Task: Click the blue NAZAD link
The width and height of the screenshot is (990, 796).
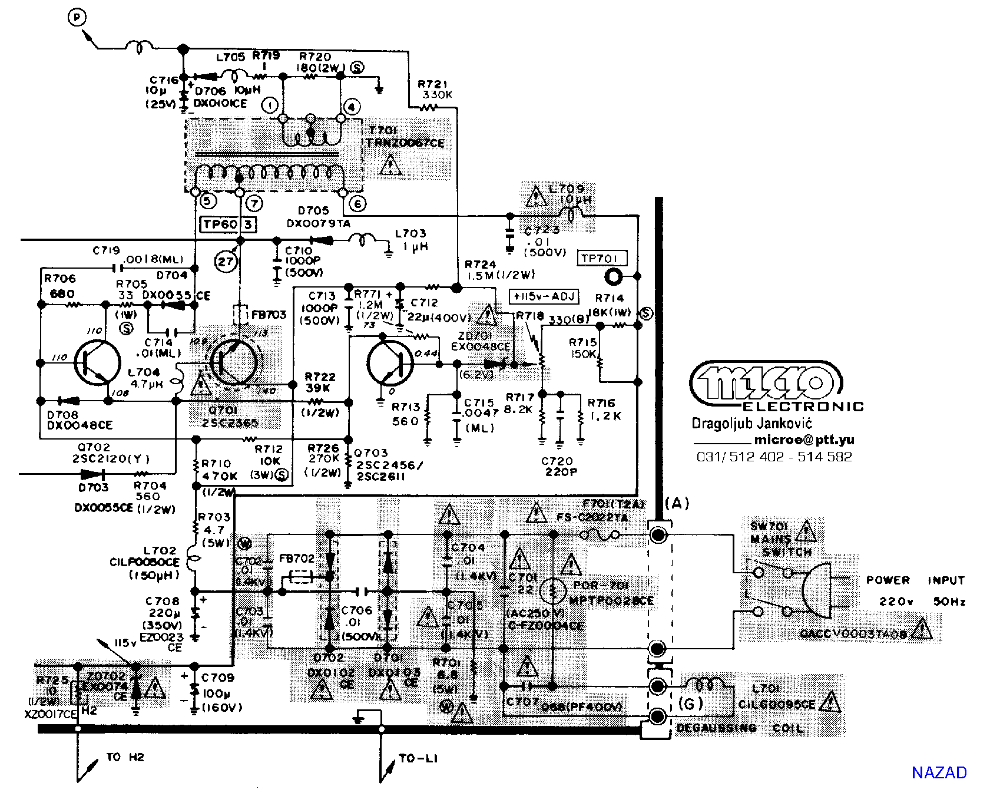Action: click(x=939, y=772)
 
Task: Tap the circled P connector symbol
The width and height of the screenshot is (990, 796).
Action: click(x=77, y=19)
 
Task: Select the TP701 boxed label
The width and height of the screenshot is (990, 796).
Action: click(x=600, y=258)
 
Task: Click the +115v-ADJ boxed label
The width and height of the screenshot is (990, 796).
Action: click(x=544, y=296)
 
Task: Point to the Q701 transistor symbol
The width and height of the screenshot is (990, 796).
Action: click(x=234, y=361)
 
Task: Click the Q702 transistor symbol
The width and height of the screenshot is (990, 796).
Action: click(x=97, y=361)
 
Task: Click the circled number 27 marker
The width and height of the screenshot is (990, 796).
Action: click(x=226, y=262)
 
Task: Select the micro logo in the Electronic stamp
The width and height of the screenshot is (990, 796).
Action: click(x=766, y=383)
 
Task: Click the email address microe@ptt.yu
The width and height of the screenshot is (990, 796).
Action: click(x=804, y=440)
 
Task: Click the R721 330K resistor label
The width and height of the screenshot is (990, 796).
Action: click(x=435, y=90)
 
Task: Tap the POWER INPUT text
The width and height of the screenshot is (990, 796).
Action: click(x=915, y=580)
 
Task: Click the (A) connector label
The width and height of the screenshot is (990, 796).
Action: click(x=677, y=503)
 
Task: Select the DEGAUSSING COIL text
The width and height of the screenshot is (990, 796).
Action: click(x=740, y=728)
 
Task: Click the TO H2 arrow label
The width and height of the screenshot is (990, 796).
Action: click(x=125, y=757)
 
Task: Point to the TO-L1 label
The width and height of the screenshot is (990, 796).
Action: click(x=418, y=758)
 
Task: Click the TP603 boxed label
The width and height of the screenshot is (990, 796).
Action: click(x=229, y=224)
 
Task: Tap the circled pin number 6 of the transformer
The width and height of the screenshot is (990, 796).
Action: click(x=357, y=204)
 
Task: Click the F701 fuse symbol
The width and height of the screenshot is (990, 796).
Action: click(x=600, y=535)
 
